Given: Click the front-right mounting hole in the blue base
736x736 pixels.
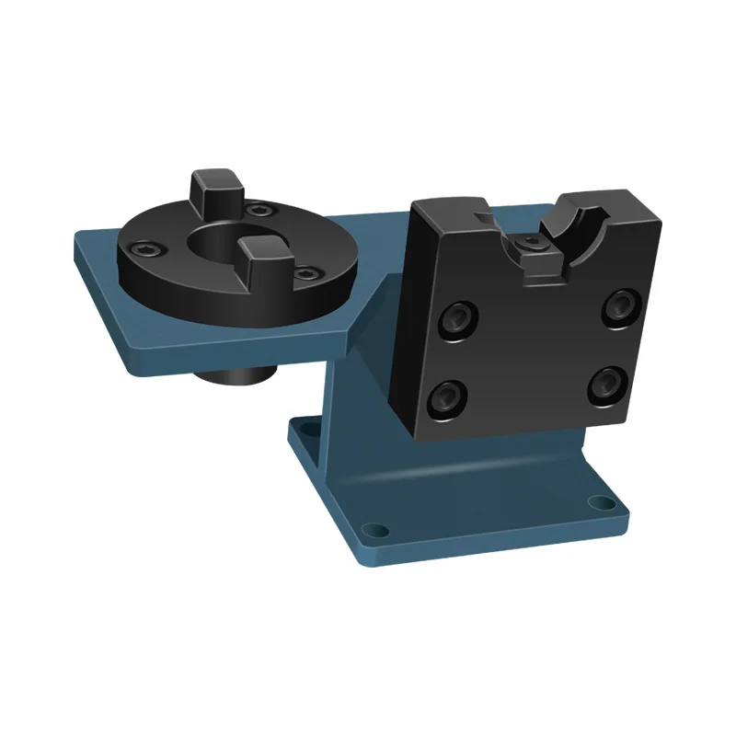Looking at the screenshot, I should [x=601, y=503].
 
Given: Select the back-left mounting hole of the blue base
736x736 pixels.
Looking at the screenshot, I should [x=307, y=426].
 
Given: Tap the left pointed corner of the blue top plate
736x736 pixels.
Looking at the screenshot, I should [x=75, y=241].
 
